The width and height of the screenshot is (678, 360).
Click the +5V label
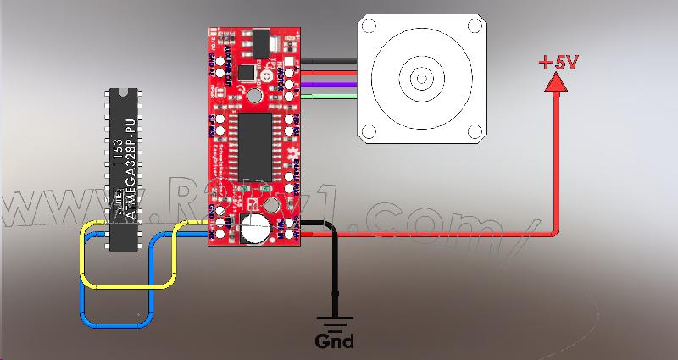[x=556, y=63]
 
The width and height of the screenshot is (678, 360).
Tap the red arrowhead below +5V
[x=556, y=81]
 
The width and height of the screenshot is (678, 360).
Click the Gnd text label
[x=334, y=341]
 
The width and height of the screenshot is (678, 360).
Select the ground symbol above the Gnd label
[x=334, y=323]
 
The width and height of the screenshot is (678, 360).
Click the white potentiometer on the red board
[x=252, y=227]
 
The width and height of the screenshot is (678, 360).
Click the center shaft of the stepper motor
[x=422, y=79]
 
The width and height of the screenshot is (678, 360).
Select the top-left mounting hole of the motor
[x=370, y=26]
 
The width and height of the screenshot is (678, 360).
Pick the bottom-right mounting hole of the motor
[x=475, y=131]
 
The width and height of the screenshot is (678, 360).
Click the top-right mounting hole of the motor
[x=475, y=26]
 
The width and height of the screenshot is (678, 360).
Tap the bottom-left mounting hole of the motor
[x=370, y=131]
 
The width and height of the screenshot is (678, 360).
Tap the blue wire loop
[x=119, y=324]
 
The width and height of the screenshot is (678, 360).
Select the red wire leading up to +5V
[x=556, y=169]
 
